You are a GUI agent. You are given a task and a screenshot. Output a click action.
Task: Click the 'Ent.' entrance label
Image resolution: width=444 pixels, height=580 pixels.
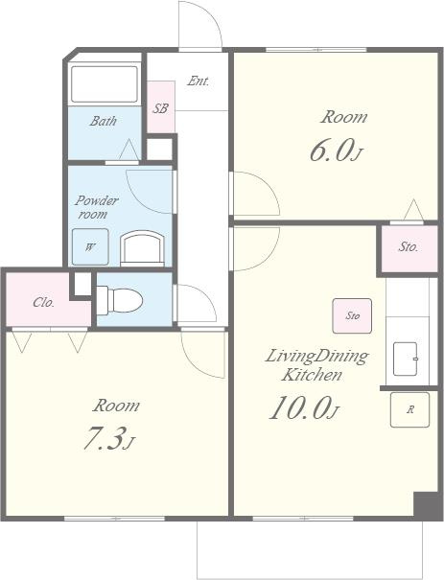198,81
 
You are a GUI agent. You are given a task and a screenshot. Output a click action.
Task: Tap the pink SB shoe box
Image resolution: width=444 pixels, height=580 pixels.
160,107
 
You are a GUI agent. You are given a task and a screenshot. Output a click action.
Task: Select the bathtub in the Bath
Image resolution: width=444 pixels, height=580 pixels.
105,84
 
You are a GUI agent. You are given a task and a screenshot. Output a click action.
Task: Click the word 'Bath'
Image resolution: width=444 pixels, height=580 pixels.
104,121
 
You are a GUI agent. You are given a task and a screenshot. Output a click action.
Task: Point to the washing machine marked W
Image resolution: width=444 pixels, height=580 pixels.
90,246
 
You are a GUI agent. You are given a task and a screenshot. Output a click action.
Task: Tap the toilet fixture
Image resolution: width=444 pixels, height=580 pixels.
120,300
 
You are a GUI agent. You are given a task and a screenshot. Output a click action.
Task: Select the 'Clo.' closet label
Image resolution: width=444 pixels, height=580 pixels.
44,302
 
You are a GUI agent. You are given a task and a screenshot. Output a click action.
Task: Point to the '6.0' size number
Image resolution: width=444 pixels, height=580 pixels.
330,151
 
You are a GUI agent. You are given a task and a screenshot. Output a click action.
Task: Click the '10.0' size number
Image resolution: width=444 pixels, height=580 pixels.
300,407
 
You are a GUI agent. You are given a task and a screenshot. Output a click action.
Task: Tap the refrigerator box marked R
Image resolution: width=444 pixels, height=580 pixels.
410,410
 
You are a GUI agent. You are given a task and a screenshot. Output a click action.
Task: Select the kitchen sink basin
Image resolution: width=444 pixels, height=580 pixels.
406,359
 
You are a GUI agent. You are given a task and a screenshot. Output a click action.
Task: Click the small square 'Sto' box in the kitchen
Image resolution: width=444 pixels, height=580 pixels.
352,316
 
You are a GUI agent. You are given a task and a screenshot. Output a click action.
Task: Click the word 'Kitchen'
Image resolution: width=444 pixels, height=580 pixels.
312,375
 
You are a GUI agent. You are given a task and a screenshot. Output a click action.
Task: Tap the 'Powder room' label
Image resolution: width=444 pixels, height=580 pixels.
96,207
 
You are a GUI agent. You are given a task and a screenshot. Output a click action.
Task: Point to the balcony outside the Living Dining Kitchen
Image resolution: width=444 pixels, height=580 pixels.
310,550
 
